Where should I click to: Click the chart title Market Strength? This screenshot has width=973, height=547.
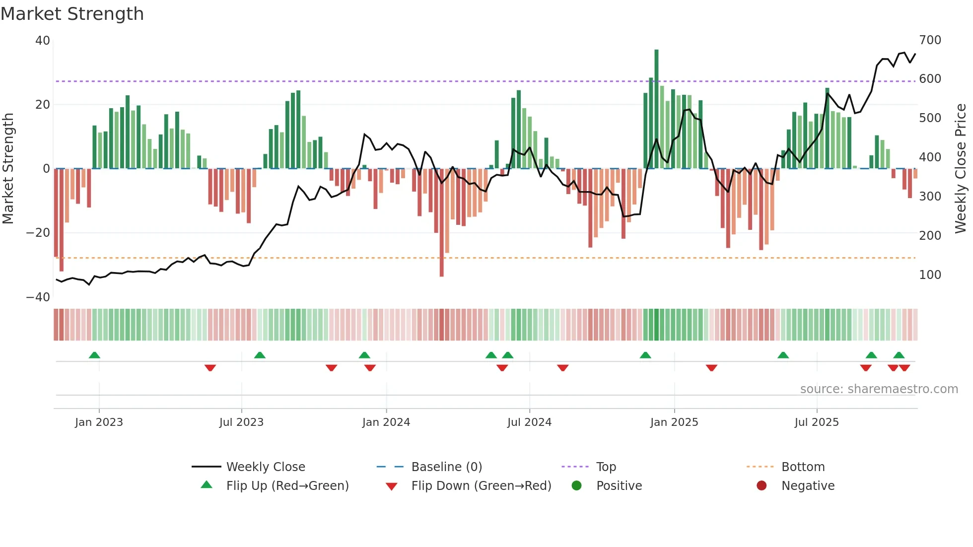pos(72,14)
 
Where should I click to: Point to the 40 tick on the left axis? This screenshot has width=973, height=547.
pos(43,41)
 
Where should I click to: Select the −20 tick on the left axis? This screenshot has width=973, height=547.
pos(38,233)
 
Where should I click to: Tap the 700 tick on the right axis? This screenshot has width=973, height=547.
pos(930,40)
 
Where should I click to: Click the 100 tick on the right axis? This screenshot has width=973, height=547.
pos(930,275)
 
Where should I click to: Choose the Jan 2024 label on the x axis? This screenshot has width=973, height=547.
pos(386,422)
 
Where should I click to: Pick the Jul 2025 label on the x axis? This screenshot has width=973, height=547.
pos(816,422)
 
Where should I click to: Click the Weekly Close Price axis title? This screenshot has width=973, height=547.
pos(961,169)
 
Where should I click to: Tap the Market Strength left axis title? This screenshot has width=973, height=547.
pos(8,169)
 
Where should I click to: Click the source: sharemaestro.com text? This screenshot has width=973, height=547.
pos(879,389)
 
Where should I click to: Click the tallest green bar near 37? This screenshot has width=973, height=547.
pos(656,109)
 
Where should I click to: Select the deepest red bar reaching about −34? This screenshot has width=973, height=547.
pos(441,223)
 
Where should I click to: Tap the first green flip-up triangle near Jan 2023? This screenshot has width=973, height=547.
pos(94,355)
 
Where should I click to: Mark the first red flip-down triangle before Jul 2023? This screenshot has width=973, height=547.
pos(210,368)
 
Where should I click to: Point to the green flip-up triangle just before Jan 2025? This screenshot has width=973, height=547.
pos(645,355)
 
